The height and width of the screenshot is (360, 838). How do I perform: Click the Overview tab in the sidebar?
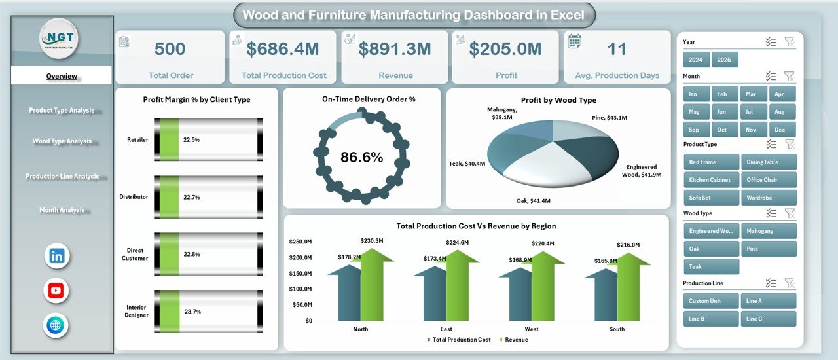click(x=62, y=76)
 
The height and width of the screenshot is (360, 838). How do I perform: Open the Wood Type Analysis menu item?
click(x=62, y=141)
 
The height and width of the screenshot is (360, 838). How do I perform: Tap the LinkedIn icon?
click(x=57, y=256)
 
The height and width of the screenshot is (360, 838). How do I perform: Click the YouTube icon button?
click(x=56, y=291)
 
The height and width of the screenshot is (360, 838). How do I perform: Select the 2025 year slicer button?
click(x=725, y=60)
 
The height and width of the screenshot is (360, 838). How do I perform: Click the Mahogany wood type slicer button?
click(x=769, y=231)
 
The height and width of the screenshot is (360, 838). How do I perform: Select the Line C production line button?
click(x=769, y=319)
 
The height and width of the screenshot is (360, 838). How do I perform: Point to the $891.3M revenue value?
click(x=395, y=49)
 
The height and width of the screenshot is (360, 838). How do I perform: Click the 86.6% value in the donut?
click(x=361, y=157)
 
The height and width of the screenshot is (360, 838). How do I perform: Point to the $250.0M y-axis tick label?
click(x=301, y=242)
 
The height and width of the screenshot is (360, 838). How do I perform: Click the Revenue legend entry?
click(x=516, y=340)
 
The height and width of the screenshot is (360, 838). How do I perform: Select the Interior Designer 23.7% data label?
click(x=192, y=312)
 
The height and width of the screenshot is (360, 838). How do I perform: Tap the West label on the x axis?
click(x=532, y=329)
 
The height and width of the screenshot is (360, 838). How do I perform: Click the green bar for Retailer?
click(x=170, y=139)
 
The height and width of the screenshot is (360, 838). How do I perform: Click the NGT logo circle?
click(x=59, y=39)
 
